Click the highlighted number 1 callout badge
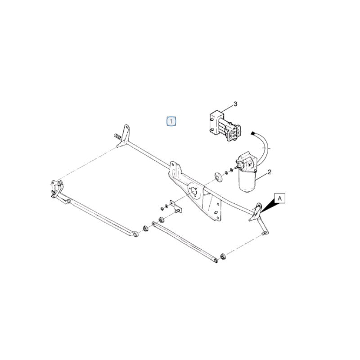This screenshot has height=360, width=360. click(x=171, y=121)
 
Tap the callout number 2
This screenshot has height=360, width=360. click(x=270, y=172)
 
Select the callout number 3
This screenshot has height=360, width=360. click(x=235, y=104)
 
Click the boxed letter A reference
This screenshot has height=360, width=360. click(x=279, y=198)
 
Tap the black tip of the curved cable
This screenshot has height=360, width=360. click(x=253, y=133)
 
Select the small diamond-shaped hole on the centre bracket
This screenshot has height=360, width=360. click(x=216, y=212)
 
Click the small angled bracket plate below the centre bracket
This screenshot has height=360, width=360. click(x=175, y=206)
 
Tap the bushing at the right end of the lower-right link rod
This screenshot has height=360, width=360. click(x=223, y=256)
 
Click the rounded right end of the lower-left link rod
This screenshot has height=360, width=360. click(x=135, y=234)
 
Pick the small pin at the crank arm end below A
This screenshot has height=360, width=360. click(x=263, y=234)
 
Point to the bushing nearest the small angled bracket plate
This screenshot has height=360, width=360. click(x=161, y=220)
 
